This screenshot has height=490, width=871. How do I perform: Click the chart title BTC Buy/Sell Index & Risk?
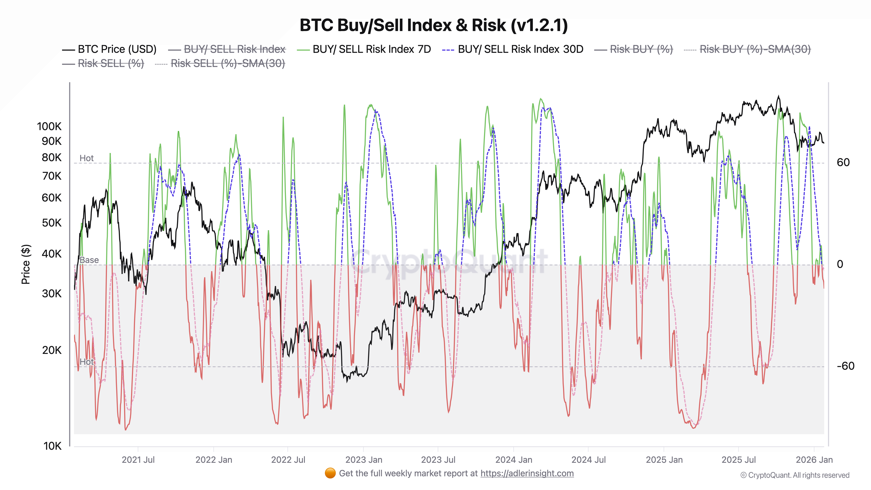[434, 25]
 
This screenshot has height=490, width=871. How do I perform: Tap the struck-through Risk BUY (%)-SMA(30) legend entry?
[755, 49]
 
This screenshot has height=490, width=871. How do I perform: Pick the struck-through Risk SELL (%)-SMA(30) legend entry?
[228, 64]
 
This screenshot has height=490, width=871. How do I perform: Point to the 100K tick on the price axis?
[49, 127]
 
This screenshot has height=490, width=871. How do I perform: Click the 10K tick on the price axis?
[52, 446]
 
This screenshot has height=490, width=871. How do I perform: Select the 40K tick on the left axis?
[51, 254]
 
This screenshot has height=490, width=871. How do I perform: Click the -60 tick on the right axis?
[845, 366]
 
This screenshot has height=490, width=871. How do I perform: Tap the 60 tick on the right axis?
[843, 163]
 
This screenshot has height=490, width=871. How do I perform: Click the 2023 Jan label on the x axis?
[363, 460]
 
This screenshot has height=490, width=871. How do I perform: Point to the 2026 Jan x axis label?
[814, 460]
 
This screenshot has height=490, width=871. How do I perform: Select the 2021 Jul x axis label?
[138, 460]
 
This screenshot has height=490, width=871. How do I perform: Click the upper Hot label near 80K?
[87, 158]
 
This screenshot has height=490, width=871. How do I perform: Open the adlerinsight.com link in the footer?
[527, 473]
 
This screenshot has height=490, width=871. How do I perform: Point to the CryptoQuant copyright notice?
[795, 475]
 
